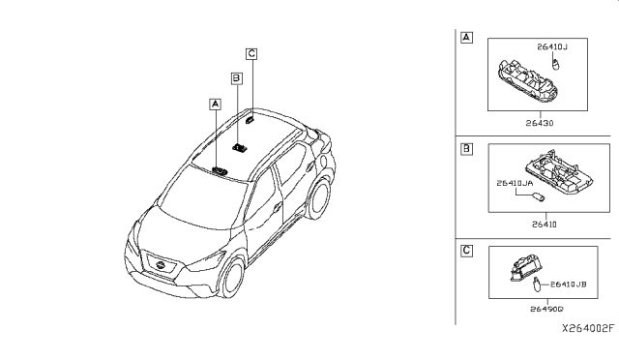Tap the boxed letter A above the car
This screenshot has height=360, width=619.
tap(215, 102)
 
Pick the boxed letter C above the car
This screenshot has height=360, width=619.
tap(251, 53)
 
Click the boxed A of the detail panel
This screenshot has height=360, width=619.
tap(467, 38)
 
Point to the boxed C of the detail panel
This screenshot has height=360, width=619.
tap(467, 250)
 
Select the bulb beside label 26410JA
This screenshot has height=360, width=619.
tap(541, 196)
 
